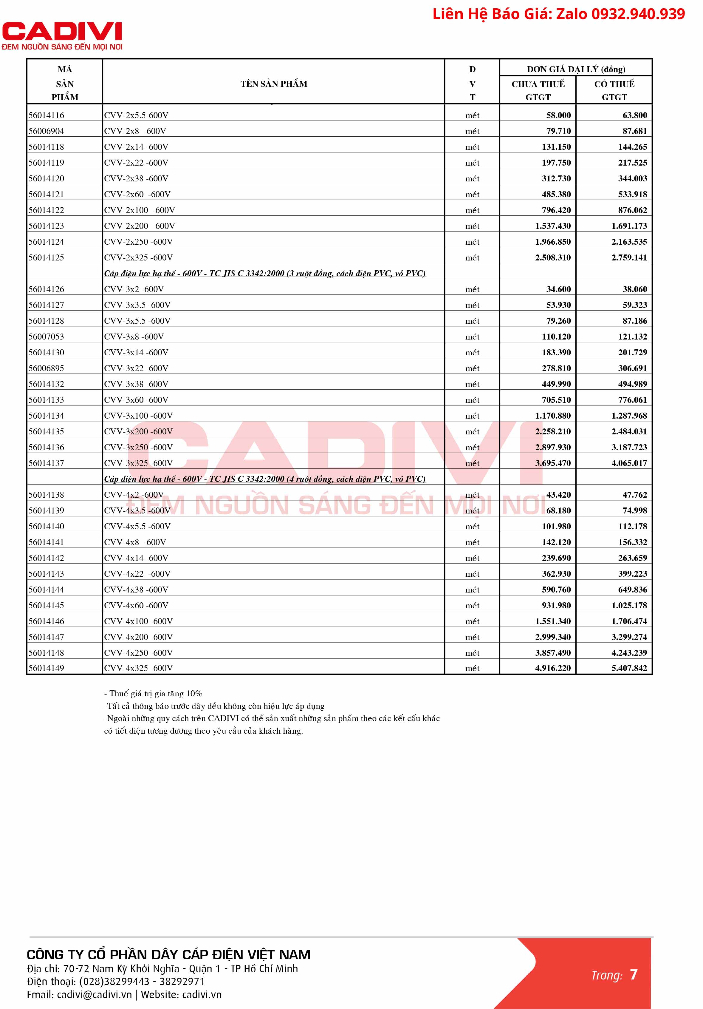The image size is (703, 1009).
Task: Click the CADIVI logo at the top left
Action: click(x=62, y=36)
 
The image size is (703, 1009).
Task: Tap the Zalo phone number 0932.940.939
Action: click(x=638, y=14)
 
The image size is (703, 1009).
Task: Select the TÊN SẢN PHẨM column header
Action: click(x=274, y=84)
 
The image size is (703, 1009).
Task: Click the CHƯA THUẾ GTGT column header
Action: click(x=538, y=90)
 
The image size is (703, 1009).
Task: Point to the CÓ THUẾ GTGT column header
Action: click(x=614, y=90)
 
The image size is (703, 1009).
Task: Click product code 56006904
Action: click(x=46, y=131)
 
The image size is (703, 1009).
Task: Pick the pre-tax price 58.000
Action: click(x=558, y=115)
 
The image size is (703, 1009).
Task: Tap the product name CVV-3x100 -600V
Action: click(x=138, y=416)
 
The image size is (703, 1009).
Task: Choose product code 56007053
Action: click(x=46, y=337)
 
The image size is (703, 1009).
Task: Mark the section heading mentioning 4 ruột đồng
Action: click(x=264, y=479)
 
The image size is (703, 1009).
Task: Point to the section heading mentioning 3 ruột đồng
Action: click(x=264, y=273)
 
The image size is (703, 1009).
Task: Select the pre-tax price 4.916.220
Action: click(x=552, y=668)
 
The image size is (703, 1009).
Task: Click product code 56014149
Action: click(x=46, y=668)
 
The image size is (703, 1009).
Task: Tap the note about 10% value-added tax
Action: click(x=153, y=693)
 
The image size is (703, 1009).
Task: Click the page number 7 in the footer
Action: click(x=633, y=974)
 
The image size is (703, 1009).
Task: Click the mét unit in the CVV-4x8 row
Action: click(x=472, y=542)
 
